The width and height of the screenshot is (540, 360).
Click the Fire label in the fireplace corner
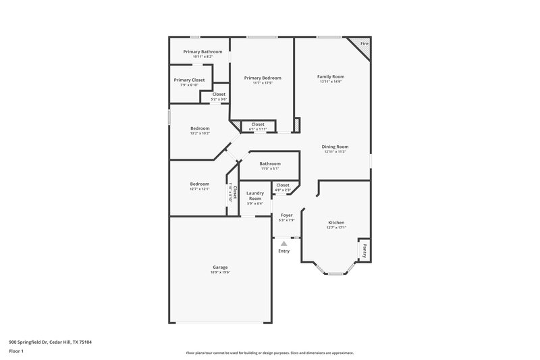click(364, 44)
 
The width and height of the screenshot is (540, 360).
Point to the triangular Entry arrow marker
click(283, 243)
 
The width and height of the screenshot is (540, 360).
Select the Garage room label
click(221, 267)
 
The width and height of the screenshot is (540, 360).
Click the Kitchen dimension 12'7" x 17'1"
click(336, 228)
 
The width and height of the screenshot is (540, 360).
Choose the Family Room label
click(331, 77)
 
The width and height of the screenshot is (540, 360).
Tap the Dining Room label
click(335, 147)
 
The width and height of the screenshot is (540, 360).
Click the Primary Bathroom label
click(202, 51)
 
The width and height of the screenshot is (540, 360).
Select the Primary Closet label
click(189, 80)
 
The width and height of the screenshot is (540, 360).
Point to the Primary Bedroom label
click(263, 78)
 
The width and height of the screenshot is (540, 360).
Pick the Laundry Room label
click(254, 196)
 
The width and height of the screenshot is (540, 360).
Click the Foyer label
click(286, 215)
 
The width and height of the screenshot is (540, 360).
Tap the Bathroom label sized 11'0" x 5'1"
click(270, 163)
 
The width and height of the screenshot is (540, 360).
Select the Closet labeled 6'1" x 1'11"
click(258, 124)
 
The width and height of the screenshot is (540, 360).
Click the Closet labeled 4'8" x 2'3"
click(282, 184)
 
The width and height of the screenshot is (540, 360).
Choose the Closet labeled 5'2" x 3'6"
click(219, 95)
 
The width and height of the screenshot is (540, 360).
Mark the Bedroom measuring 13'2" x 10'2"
click(200, 128)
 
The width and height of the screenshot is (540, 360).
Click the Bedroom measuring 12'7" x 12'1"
click(199, 184)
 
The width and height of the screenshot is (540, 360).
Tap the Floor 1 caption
click(17, 351)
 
